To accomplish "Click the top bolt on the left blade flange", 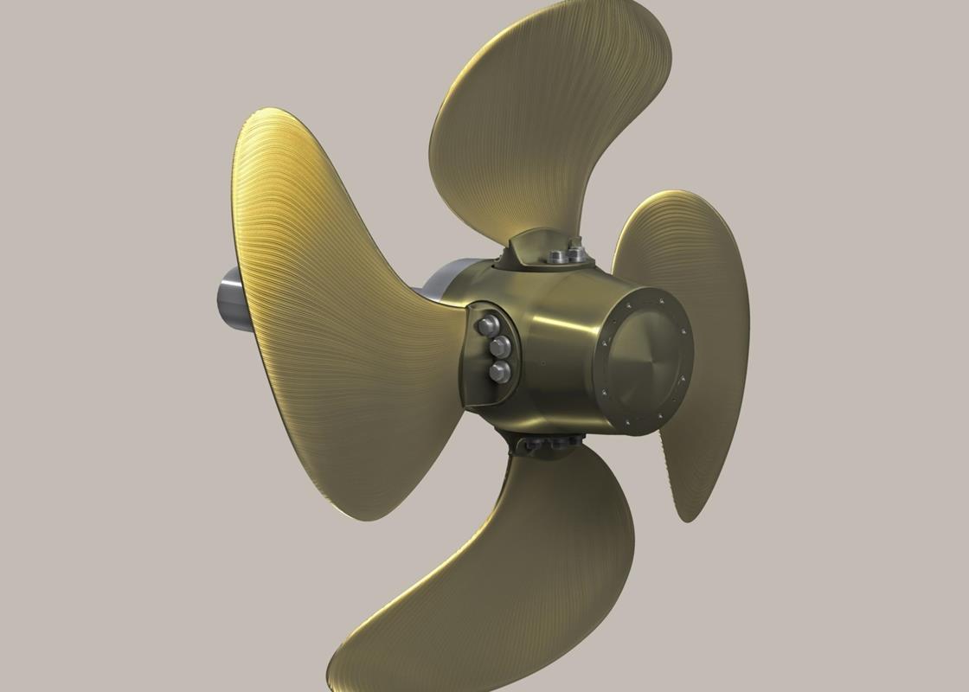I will tap(486, 325).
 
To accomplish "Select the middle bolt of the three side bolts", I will tap(498, 349).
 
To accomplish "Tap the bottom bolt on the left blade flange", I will tap(500, 372).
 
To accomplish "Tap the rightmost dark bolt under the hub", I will tap(571, 442).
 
